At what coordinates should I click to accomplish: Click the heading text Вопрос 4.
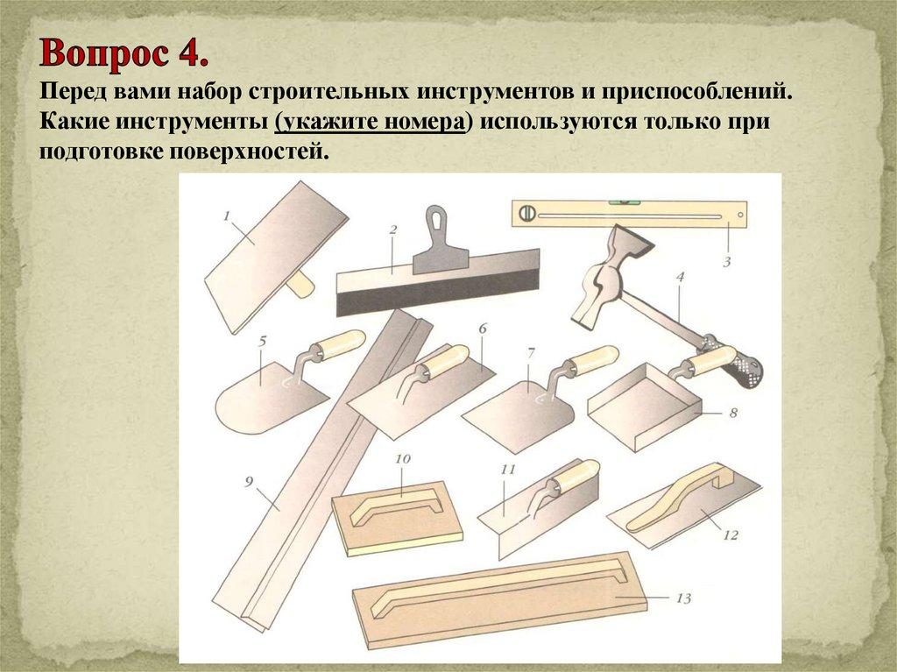124,55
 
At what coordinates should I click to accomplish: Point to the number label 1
226,214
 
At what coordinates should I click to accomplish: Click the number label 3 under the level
727,260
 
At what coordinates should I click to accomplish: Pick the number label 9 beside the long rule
249,480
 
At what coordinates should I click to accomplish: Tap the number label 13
683,598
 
